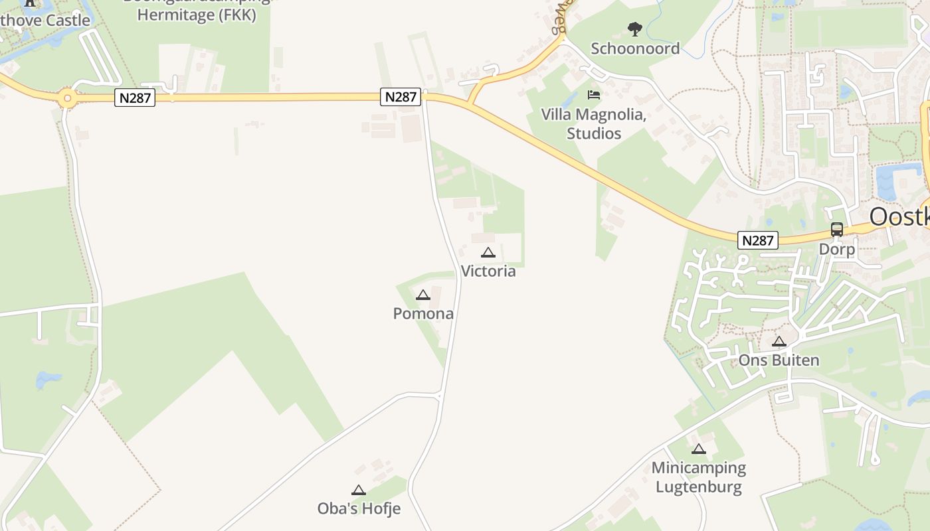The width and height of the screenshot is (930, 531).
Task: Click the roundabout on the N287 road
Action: [x=66, y=99]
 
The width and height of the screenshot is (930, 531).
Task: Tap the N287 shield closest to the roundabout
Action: [x=135, y=98]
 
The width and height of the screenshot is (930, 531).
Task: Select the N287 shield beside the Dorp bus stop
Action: [x=757, y=240]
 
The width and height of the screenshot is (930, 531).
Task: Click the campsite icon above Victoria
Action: [x=488, y=252]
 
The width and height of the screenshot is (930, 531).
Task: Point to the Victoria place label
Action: [x=488, y=271]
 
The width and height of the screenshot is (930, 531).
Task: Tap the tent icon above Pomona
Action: [x=423, y=295]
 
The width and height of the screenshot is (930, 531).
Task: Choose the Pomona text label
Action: [x=423, y=313]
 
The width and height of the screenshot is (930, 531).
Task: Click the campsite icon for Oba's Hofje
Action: [x=359, y=490]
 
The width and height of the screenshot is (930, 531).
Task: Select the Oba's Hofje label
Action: [x=359, y=509]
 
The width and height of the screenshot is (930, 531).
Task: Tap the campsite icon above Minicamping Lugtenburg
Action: [x=698, y=449]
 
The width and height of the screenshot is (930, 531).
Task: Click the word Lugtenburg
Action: [x=698, y=487]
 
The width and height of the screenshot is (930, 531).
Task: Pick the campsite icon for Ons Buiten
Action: [x=779, y=341]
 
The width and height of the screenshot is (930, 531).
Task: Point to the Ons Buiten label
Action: [x=779, y=360]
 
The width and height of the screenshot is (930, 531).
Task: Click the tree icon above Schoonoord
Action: [x=635, y=29]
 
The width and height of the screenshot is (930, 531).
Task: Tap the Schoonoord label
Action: [x=635, y=48]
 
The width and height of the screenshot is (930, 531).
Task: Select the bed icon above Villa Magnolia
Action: [x=594, y=95]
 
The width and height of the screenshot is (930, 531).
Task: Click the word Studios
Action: [x=594, y=133]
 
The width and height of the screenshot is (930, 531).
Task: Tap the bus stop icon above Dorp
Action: [x=837, y=230]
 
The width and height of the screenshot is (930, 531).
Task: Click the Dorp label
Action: [x=837, y=249]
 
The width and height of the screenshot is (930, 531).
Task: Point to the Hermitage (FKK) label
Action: [x=197, y=15]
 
